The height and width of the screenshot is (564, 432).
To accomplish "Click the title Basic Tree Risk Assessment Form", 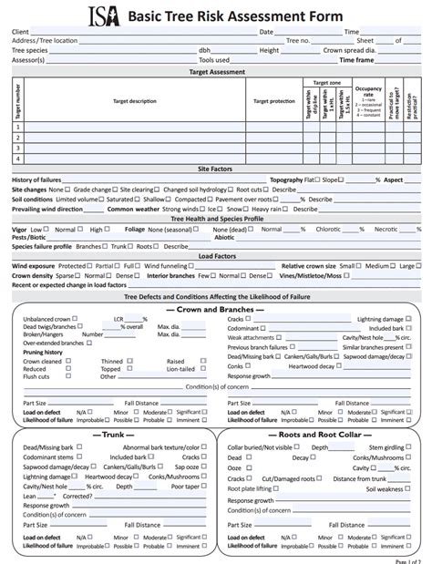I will point(235,16).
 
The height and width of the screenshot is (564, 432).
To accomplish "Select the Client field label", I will point(20,32).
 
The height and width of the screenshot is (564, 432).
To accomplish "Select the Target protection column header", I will point(273,100).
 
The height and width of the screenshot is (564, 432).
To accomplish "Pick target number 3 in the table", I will point(16,148).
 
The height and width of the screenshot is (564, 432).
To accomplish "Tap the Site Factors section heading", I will point(216,169).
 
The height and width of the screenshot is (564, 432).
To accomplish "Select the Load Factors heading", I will point(216,257).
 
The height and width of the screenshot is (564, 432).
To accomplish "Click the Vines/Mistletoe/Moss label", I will point(310,275).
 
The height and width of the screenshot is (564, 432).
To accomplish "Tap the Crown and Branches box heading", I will point(216,309).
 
